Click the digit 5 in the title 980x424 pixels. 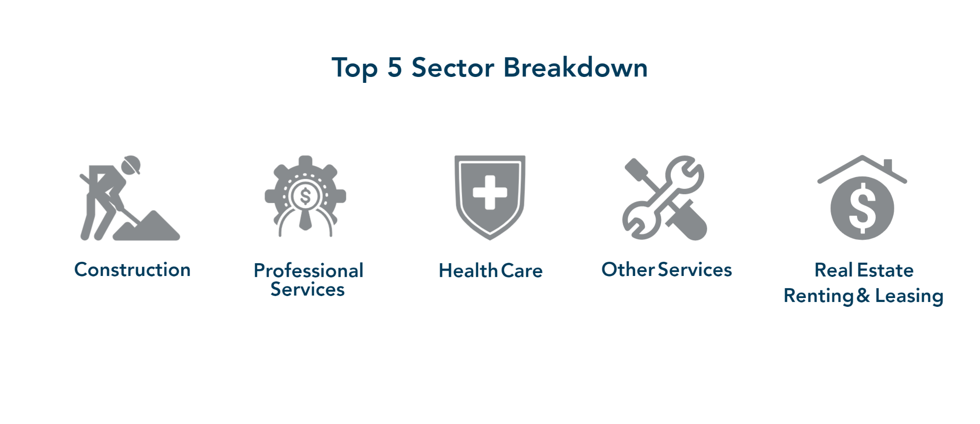click(x=394, y=67)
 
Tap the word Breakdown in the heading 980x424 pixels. click(x=575, y=67)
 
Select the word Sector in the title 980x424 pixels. click(x=453, y=68)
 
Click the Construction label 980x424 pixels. click(x=132, y=270)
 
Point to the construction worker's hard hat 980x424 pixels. click(x=132, y=164)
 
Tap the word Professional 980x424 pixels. click(x=308, y=271)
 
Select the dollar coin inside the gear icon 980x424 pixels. click(x=305, y=197)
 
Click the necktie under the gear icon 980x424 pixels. click(x=305, y=220)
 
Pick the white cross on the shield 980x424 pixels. click(x=490, y=192)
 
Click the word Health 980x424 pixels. click(x=468, y=271)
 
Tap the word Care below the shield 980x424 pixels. click(x=522, y=271)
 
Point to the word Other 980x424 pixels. click(x=628, y=270)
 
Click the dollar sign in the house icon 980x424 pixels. click(x=862, y=208)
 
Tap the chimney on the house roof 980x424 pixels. click(x=888, y=166)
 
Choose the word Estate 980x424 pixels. click(x=885, y=270)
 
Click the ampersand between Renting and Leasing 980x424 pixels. click(x=863, y=296)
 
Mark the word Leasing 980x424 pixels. click(x=909, y=297)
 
